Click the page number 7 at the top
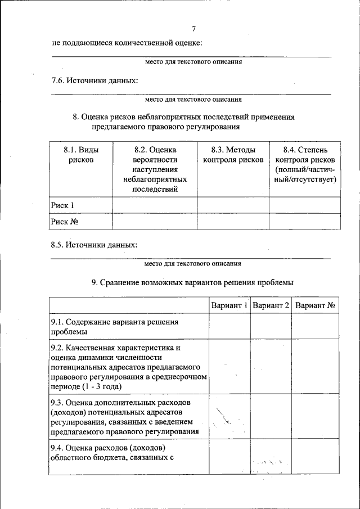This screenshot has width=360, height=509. tap(193, 29)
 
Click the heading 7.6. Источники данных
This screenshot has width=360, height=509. tap(94, 80)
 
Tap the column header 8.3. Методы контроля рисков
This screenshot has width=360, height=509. tap(233, 155)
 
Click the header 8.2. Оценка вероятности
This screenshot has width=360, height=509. tap(155, 169)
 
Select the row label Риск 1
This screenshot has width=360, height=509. tap(62, 205)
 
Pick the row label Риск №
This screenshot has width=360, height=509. tap(64, 222)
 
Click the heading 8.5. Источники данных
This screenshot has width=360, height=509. tap(93, 245)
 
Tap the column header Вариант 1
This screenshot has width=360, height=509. tap(229, 306)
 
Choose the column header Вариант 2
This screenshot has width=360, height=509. tap(271, 306)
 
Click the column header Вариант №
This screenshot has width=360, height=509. tap(315, 306)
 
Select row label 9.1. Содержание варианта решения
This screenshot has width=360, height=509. tap(114, 327)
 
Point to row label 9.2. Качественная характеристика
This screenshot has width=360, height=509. tap(128, 367)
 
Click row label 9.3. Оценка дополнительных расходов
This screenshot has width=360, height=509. tap(124, 417)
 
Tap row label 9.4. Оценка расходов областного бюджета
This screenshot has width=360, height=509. tap(110, 452)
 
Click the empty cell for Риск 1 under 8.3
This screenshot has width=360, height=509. tap(233, 205)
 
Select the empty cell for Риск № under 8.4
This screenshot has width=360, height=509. tap(305, 222)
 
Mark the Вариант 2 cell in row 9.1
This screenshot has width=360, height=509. tap(271, 327)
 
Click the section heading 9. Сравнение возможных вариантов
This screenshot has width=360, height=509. tap(192, 282)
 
